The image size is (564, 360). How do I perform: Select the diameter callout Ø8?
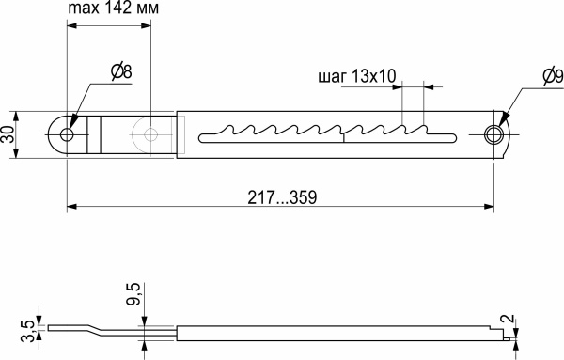click(121, 71)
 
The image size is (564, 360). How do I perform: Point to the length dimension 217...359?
click(280, 197)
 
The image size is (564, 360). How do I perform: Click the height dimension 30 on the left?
click(9, 134)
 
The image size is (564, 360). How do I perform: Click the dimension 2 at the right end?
click(509, 321)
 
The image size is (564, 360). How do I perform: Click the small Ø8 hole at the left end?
click(66, 134)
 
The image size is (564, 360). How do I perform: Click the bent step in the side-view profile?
click(94, 330)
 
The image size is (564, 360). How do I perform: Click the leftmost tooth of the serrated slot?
click(223, 130)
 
